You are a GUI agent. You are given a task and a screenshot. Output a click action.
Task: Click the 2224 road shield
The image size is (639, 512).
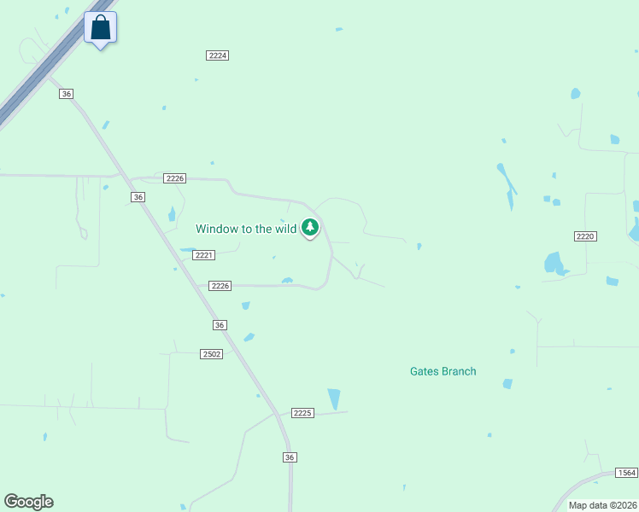[x=218, y=55]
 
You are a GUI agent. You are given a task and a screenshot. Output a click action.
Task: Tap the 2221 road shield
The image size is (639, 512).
[x=203, y=255]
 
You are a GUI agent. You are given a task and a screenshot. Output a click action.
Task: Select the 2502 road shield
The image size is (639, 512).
[x=212, y=354]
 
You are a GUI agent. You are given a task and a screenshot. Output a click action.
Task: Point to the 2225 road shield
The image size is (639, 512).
[x=302, y=413]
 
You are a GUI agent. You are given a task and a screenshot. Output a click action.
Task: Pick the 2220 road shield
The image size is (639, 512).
[x=584, y=236]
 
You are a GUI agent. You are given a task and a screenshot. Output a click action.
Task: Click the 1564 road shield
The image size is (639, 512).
[x=627, y=473]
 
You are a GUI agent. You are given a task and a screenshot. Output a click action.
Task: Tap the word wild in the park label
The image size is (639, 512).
[x=285, y=229]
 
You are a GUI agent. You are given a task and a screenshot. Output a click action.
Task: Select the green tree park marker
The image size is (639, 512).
[x=311, y=228]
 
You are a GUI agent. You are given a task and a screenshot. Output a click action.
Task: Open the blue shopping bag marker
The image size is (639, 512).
[x=101, y=27]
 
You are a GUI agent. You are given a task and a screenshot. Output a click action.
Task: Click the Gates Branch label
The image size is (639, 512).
[x=443, y=371]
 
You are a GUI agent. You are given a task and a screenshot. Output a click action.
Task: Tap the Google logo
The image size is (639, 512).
[x=28, y=502]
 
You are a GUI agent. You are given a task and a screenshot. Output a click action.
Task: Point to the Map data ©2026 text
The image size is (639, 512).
[x=602, y=505]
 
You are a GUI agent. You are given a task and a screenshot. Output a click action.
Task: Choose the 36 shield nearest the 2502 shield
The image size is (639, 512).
[x=220, y=325]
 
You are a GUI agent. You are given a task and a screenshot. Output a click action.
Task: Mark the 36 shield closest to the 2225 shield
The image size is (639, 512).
[x=290, y=457]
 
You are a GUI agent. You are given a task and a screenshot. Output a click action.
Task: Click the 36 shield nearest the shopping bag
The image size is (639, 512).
[x=67, y=94]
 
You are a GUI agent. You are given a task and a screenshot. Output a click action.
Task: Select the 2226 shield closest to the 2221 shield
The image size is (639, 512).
[x=220, y=286]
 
